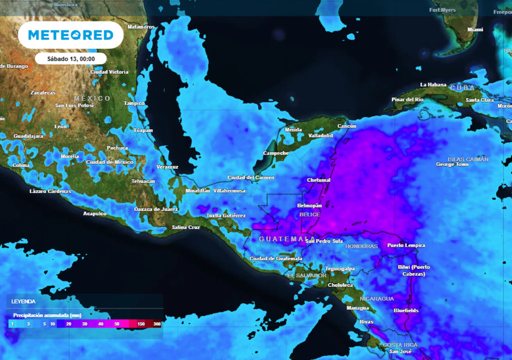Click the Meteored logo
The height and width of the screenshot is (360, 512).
[x=70, y=35]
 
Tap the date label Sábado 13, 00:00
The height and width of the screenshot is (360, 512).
[x=70, y=58]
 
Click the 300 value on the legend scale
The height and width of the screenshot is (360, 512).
[x=157, y=324]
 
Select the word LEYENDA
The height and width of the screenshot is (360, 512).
[x=23, y=301]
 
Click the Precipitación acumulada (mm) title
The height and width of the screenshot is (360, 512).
[x=47, y=315]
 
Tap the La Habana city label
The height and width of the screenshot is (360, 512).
[x=433, y=84]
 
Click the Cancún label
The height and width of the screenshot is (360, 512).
[x=346, y=126]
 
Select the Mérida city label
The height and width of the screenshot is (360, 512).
[x=293, y=129]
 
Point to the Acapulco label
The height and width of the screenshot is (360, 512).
[x=94, y=213]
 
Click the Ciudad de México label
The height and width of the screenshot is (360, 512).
[x=109, y=162]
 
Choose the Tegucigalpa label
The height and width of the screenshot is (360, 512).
[x=340, y=268]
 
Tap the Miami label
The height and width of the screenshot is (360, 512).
[x=475, y=29]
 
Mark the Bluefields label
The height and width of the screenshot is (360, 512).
[x=406, y=310]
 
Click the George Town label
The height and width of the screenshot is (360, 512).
[x=452, y=164]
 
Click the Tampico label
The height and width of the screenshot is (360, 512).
[x=134, y=103]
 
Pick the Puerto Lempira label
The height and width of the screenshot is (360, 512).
[x=406, y=245]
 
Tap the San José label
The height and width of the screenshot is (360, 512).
[x=400, y=351]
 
